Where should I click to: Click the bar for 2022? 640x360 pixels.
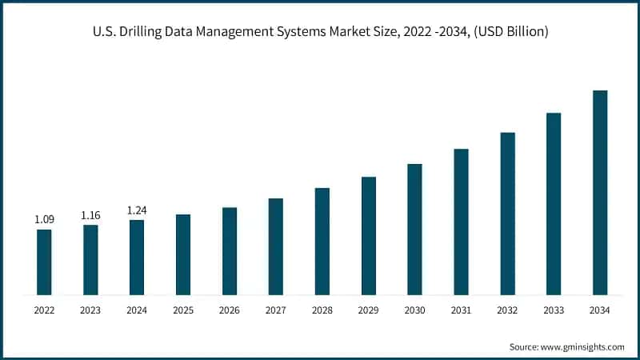[44, 262]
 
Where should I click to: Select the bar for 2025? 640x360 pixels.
[183, 254]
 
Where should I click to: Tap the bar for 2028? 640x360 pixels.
[322, 242]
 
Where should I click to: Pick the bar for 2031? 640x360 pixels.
[461, 222]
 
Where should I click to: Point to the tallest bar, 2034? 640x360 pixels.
[600, 193]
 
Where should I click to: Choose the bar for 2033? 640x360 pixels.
[554, 204]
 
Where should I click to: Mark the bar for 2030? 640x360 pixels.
[414, 230]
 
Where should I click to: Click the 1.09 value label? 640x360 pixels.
[44, 219]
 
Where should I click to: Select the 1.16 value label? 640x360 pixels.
[90, 215]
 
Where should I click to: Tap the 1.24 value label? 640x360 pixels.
[137, 210]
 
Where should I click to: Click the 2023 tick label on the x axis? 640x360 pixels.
[90, 310]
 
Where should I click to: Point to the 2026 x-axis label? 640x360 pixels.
[230, 310]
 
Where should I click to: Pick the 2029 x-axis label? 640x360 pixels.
[368, 310]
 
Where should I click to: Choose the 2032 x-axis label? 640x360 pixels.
[507, 310]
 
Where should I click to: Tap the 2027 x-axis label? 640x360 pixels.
[276, 310]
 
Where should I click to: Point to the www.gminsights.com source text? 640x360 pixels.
[584, 346]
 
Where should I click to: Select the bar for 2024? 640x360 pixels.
[137, 258]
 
